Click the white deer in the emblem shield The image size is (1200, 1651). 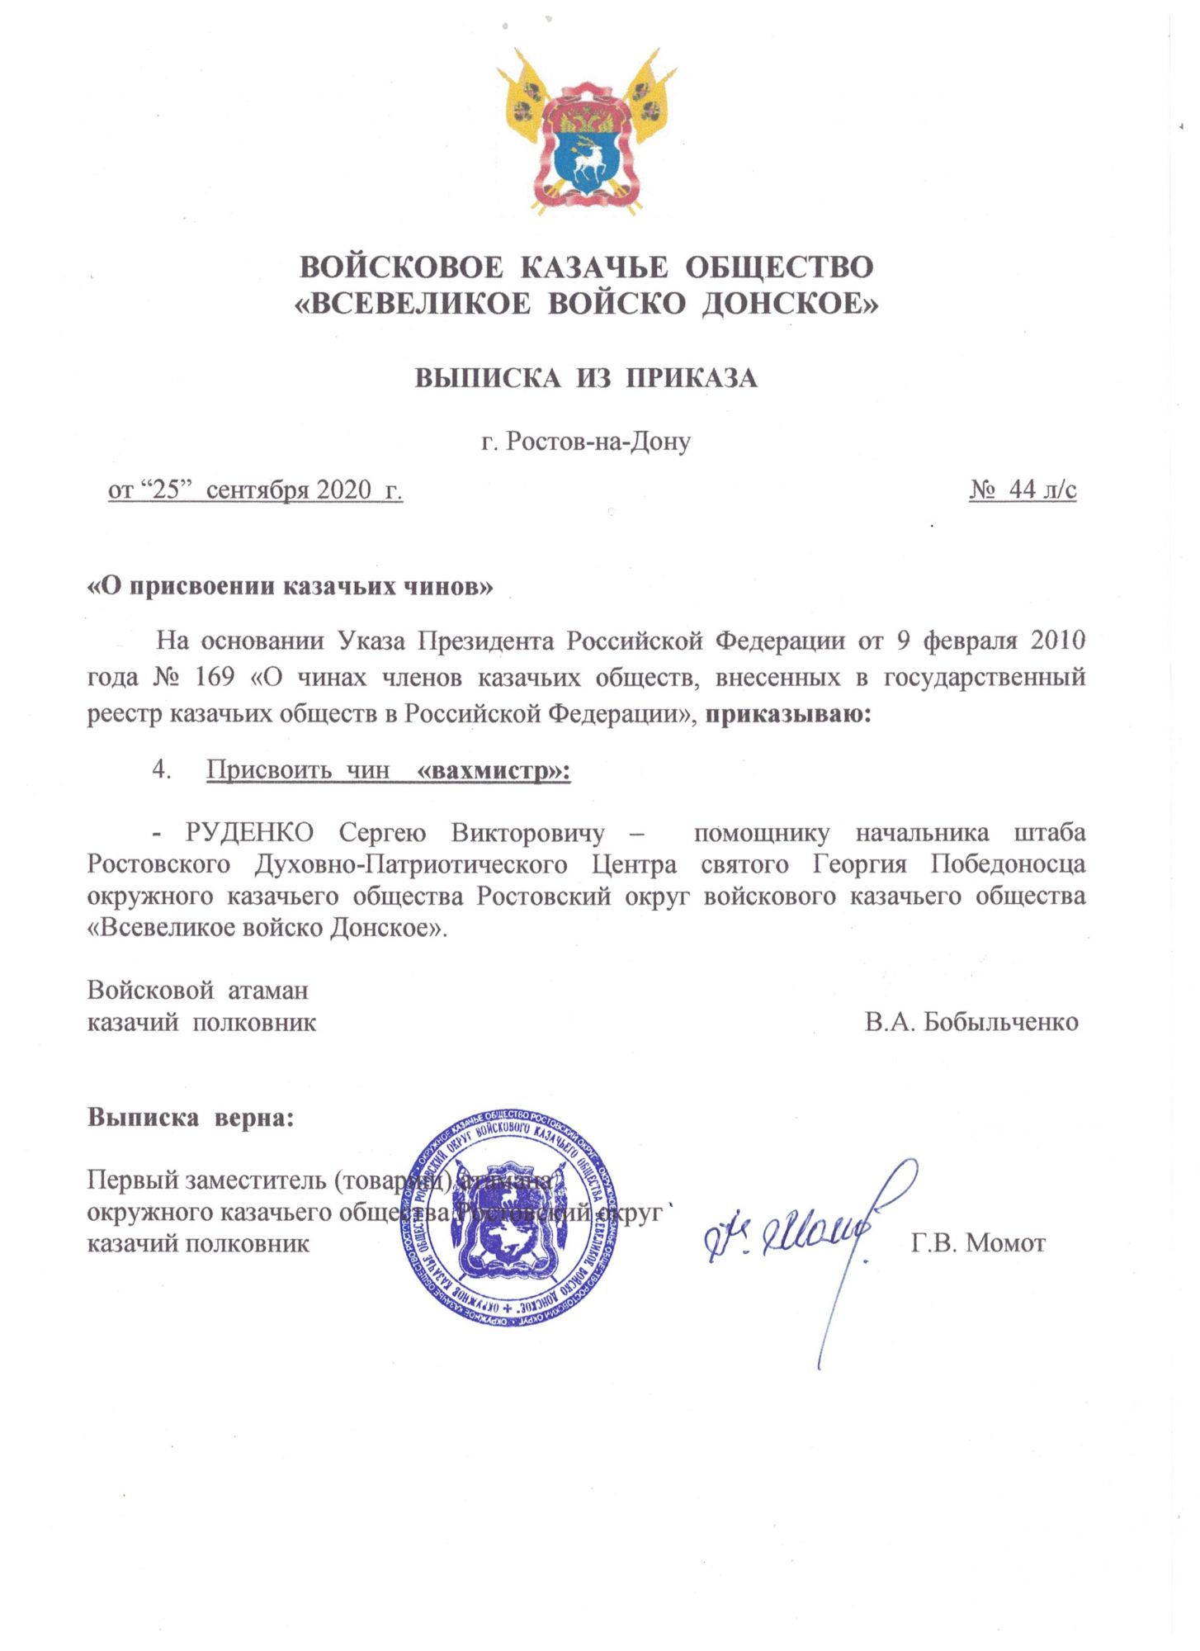587,159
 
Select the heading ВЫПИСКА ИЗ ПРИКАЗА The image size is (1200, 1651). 585,378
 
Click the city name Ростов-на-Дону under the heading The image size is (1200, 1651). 598,442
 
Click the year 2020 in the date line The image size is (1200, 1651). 344,490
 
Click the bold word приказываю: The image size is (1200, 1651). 788,713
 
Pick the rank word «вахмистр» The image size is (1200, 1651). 494,771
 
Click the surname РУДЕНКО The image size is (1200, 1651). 249,832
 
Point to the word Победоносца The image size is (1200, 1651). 1008,864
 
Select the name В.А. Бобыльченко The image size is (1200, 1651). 971,1022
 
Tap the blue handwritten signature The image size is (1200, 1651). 792,1238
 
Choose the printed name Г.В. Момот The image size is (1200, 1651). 978,1242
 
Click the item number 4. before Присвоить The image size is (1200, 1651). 162,770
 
